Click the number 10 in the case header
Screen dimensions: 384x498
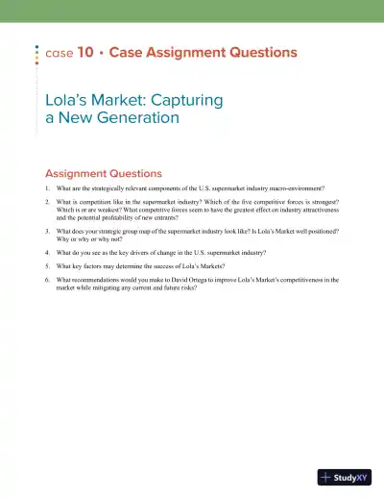point(84,53)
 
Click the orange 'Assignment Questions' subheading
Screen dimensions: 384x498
point(104,174)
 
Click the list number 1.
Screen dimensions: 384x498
point(48,187)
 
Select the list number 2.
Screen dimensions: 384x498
point(48,205)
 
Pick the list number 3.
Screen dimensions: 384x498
point(48,232)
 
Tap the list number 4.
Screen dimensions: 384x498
point(48,253)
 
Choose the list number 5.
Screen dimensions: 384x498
point(48,266)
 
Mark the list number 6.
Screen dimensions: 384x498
point(48,280)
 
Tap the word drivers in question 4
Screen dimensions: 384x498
point(135,253)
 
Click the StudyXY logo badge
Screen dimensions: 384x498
point(345,477)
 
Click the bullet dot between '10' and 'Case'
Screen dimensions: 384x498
point(101,53)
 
